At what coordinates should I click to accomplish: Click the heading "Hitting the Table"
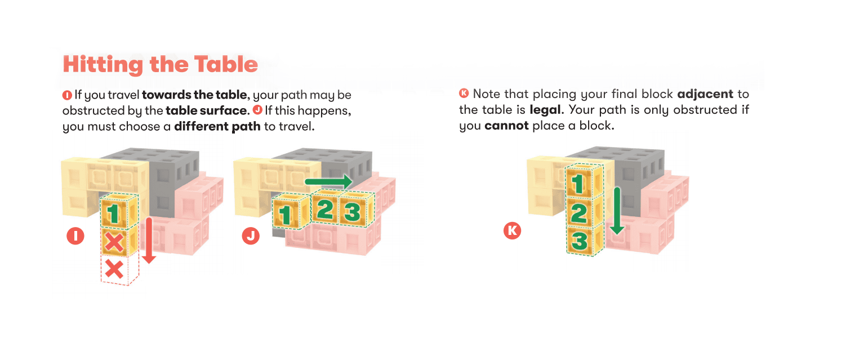161,64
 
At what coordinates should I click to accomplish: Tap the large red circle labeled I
75,235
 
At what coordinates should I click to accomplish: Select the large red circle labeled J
251,235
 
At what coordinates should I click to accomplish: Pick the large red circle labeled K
512,230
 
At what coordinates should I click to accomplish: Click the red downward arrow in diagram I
149,240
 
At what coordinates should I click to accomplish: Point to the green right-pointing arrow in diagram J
328,182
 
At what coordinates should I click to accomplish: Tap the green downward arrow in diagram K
617,211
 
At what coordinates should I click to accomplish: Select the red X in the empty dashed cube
114,269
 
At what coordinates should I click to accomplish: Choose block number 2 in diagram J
326,209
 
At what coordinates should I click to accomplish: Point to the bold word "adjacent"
705,94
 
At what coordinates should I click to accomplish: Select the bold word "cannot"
506,126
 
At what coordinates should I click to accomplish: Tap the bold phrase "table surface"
206,110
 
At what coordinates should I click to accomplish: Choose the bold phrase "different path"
217,126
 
